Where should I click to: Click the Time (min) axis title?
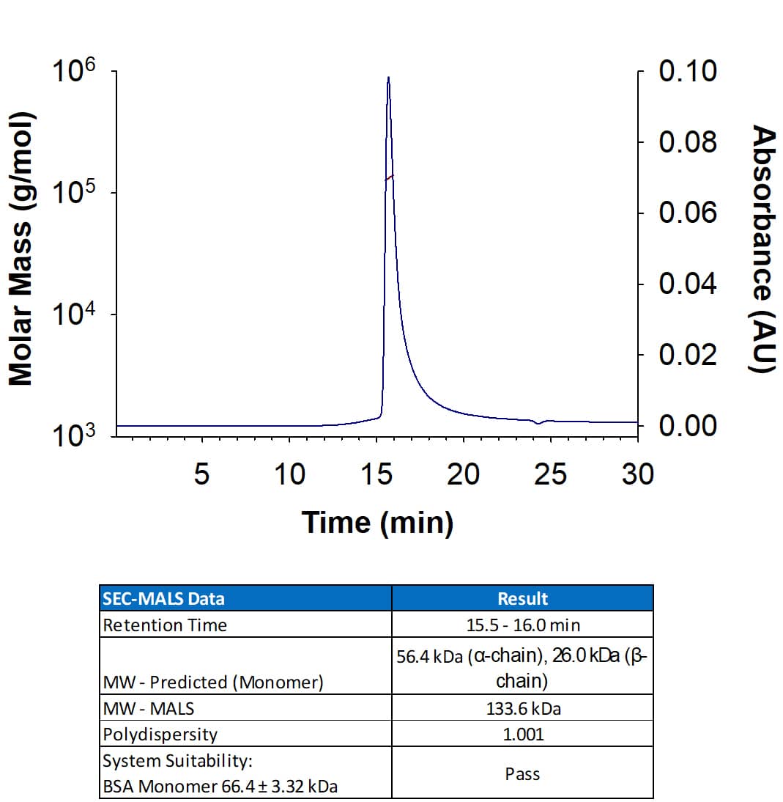click(377, 523)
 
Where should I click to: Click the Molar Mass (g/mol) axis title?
click(21, 249)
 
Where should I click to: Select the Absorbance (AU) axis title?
click(764, 249)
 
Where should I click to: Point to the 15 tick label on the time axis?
click(376, 475)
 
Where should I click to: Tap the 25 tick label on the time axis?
click(550, 475)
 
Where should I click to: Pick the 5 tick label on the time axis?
click(202, 475)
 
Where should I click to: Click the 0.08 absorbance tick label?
click(687, 141)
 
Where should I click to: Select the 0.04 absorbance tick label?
click(687, 284)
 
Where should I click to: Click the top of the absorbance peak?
click(388, 78)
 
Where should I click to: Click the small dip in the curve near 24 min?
click(539, 423)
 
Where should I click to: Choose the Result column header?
click(522, 598)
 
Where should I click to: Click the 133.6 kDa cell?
click(522, 708)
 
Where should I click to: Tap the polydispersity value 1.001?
click(522, 734)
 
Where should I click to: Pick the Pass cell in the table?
click(522, 773)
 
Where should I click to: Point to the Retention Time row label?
click(166, 625)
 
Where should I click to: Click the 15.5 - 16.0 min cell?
click(522, 625)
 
